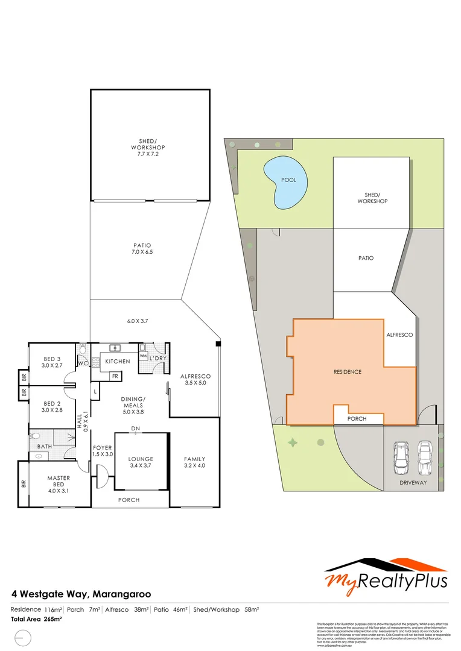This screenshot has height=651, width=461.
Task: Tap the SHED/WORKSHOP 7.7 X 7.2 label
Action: point(148,147)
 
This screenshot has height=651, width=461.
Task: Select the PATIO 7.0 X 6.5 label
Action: point(142,249)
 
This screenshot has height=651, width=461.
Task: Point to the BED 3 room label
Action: point(51,361)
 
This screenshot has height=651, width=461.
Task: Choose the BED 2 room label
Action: point(51,407)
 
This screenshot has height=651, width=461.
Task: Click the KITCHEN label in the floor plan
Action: point(118,361)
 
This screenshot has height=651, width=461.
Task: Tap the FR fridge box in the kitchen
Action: point(114,376)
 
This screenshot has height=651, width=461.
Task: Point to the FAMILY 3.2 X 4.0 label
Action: point(194,462)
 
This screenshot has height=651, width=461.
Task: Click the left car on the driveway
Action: point(401,458)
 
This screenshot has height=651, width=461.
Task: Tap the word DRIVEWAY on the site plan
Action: point(413,483)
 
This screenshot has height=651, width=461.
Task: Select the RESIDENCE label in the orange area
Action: point(348,372)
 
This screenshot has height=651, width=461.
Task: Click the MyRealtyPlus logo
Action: point(386,574)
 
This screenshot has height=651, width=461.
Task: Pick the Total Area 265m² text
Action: point(37,619)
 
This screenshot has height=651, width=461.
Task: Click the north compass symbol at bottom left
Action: point(22,637)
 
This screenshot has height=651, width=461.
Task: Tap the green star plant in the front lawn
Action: point(293,444)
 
